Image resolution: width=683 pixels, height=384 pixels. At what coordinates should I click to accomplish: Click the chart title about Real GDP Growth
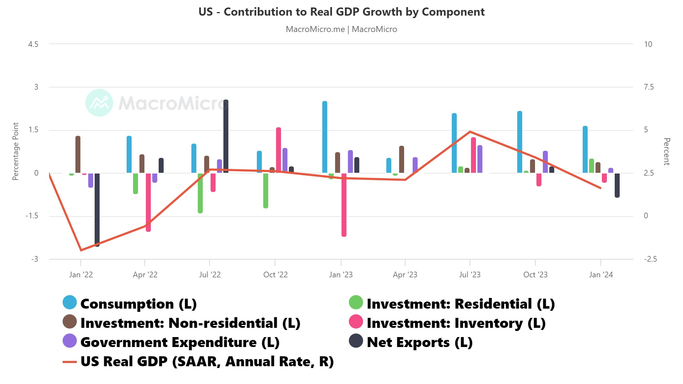point(341,12)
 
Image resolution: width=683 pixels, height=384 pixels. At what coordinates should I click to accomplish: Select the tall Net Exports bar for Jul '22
point(226,136)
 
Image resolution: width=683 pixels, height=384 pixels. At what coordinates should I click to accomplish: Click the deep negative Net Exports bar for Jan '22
point(97,210)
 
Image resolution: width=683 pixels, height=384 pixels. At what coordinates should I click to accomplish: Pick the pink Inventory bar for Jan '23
point(344,205)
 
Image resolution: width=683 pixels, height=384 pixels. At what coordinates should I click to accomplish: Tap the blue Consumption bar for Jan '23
point(325,137)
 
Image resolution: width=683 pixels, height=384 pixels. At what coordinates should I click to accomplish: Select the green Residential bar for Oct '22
point(266,191)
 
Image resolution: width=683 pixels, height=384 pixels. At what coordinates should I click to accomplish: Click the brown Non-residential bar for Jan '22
point(78,154)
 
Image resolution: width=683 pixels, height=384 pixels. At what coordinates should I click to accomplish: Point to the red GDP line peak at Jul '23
point(470,132)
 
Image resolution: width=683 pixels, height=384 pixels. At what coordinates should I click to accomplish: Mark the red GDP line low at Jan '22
point(81,250)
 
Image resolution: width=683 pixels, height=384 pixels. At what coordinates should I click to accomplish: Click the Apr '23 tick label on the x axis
point(405,274)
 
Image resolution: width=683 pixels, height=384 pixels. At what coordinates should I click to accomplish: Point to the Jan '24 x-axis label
point(601,274)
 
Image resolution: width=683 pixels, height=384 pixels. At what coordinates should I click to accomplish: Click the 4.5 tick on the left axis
point(33,44)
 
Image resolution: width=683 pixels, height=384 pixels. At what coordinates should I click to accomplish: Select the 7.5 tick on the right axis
point(648,87)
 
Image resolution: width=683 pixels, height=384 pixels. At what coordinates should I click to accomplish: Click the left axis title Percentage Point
point(15,151)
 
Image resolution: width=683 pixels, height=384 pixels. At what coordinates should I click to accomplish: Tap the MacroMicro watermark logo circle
point(99,103)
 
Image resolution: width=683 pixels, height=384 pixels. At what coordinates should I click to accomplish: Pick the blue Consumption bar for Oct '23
point(520,142)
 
